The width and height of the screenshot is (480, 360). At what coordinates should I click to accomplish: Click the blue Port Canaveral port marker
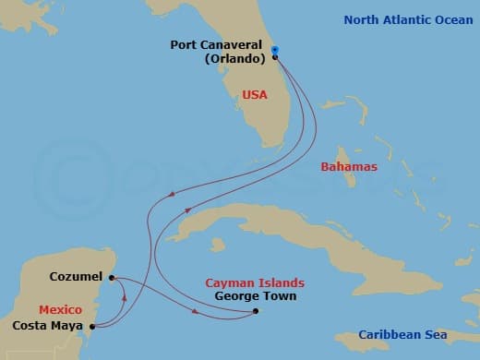pos(275,51)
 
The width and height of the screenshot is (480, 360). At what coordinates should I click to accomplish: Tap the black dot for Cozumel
pos(111,277)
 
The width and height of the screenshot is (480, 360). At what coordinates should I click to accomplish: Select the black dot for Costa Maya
pos(92,325)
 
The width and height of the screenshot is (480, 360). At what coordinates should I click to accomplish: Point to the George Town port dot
pos(256,311)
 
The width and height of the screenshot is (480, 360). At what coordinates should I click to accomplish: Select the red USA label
pos(256,94)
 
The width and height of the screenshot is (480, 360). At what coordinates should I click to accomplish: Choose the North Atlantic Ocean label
pos(409,18)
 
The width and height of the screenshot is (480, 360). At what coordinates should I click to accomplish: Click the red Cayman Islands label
pos(255,282)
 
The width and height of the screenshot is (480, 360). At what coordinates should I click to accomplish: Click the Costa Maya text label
pos(49,325)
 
